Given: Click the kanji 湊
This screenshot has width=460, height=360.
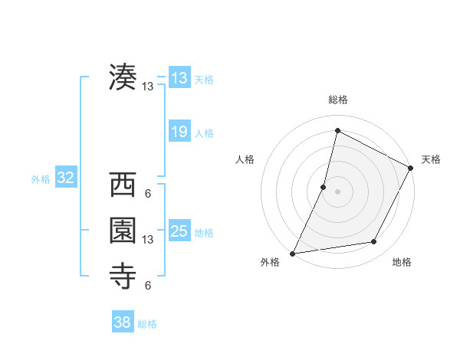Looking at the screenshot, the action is [123, 77].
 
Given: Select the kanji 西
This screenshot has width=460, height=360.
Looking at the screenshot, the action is [123, 185].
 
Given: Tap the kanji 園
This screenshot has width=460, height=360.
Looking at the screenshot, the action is [123, 231].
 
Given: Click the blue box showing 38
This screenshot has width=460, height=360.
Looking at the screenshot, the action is [122, 322].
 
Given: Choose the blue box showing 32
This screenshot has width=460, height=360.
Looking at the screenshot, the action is [65, 178].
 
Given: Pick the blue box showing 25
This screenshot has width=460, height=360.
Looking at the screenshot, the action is [179, 231].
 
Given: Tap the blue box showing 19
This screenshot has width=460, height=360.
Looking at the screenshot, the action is [179, 132].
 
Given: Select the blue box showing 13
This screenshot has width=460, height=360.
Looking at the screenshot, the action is [179, 78].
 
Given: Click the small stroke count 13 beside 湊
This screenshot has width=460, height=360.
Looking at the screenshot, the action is [148, 87].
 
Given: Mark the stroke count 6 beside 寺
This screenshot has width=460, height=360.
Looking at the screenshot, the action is [148, 286].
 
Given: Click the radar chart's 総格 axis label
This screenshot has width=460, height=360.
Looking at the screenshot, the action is [337, 100].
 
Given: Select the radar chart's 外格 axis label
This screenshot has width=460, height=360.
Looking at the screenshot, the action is [270, 263].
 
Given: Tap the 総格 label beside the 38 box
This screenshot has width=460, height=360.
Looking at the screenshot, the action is [147, 324].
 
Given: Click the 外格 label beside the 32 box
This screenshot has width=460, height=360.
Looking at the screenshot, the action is [41, 179].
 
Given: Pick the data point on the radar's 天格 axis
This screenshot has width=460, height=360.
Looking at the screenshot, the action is [411, 169].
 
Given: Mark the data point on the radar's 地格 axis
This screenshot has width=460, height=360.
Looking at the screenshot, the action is [374, 242].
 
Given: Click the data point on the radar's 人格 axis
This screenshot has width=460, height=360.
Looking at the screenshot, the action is [324, 187].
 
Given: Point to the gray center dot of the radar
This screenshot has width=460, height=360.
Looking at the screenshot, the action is [337, 191].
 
